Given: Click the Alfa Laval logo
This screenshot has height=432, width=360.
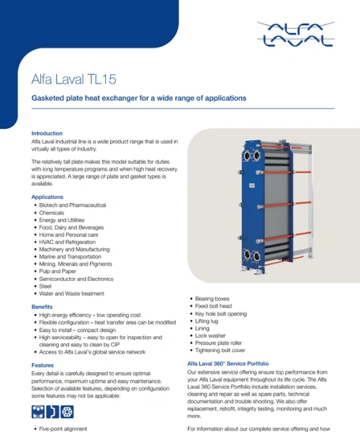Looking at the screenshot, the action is [x=296, y=34].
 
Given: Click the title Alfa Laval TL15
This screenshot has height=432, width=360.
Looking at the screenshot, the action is [x=74, y=79].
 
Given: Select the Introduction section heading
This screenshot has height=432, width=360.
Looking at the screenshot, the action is [x=47, y=133].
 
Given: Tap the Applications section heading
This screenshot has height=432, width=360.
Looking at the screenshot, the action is [x=48, y=197].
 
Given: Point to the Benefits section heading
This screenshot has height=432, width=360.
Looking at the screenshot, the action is [x=42, y=307].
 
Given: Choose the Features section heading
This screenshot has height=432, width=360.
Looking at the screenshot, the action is [x=42, y=365].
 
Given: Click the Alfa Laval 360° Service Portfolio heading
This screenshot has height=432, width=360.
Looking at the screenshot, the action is [x=228, y=364].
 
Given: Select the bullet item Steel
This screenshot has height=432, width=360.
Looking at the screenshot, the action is [x=45, y=287].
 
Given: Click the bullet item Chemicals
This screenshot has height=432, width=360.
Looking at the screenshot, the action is [x=52, y=212].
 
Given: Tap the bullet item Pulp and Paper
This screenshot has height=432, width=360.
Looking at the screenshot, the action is [x=58, y=271].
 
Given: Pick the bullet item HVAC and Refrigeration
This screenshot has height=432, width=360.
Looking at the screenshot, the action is [x=67, y=242].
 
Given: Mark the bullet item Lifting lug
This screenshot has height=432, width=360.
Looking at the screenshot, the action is [x=207, y=321].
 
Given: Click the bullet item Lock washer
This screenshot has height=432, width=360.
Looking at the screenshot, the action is [x=210, y=336].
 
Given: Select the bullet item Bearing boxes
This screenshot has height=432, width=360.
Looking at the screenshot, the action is [x=212, y=299].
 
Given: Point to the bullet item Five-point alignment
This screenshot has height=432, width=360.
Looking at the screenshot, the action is [x=63, y=428].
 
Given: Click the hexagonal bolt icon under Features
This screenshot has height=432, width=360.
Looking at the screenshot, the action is [x=67, y=412].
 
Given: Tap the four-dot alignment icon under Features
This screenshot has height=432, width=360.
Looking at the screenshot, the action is [x=38, y=412].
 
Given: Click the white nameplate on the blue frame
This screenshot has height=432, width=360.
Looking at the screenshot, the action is [x=252, y=186].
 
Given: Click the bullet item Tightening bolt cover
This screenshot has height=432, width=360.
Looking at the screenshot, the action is [x=220, y=351].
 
